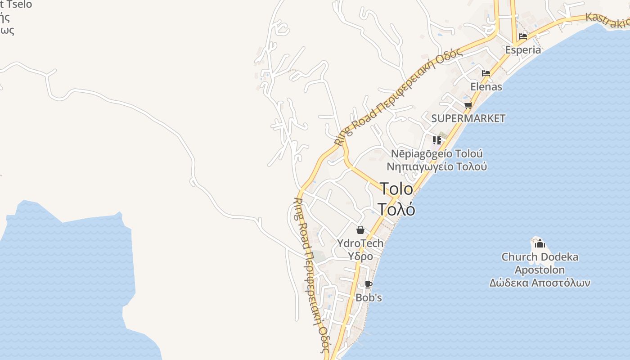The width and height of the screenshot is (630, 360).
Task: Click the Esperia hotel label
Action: (x=523, y=50)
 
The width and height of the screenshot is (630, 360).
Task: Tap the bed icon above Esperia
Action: (x=523, y=36)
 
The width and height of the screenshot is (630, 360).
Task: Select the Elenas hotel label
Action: (x=486, y=87)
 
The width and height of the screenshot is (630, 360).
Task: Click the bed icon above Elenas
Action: (x=486, y=73)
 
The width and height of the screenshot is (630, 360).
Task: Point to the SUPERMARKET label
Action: (x=468, y=118)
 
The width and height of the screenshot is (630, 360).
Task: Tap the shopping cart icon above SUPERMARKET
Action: (x=468, y=105)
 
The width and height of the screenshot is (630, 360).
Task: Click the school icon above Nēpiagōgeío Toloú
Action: (x=436, y=140)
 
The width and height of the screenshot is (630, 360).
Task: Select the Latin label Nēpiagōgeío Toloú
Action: (x=436, y=154)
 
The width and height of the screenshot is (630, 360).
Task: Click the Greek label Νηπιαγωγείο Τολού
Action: (x=436, y=166)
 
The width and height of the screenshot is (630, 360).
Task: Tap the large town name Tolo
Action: (x=396, y=189)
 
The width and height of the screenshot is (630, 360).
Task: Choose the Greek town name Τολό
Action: (x=396, y=209)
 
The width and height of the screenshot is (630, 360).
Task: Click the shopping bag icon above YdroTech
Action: (x=360, y=230)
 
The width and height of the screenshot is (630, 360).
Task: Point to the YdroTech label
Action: (x=360, y=243)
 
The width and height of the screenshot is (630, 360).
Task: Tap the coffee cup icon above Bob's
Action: (x=368, y=284)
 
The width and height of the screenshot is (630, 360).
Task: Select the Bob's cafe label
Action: (x=369, y=298)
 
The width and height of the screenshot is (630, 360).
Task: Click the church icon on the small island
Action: (x=540, y=244)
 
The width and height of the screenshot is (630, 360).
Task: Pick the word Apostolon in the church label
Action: (x=540, y=270)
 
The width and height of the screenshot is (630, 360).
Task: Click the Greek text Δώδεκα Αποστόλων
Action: (x=540, y=283)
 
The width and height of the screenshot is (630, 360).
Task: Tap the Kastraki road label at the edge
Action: (x=607, y=21)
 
